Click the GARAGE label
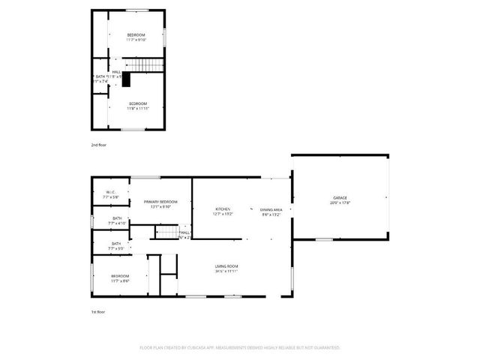pos(340,197)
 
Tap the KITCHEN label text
pos(223,208)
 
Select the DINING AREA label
pos(271,209)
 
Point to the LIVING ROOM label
pos(226,266)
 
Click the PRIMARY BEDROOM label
pos(161,202)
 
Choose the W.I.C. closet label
pos(109,193)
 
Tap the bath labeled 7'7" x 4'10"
pos(117,218)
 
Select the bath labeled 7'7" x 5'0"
pos(116,243)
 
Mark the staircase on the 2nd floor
pos(150,66)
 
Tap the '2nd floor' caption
pos(99,144)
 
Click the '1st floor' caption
pos(98,311)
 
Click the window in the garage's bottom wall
pos(324,239)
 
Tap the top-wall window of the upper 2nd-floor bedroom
pos(136,10)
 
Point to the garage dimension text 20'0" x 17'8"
pos(340,202)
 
